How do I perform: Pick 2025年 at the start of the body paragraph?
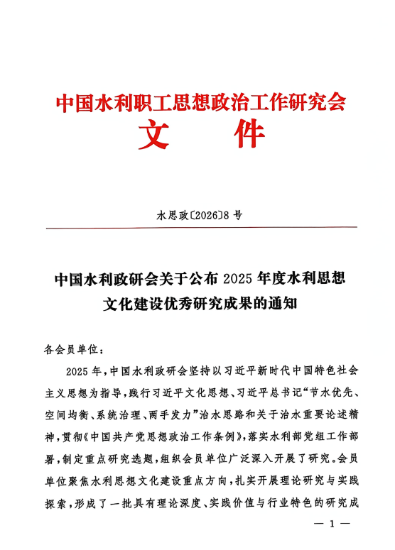pos(83,371)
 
